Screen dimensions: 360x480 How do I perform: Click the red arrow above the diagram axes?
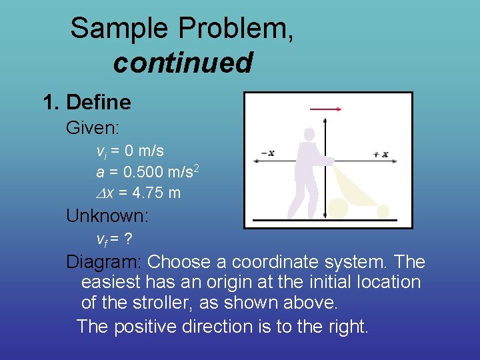(326, 109)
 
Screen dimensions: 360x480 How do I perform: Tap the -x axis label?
(267, 153)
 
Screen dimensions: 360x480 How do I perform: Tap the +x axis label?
(381, 154)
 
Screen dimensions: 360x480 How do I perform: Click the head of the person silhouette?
(307, 134)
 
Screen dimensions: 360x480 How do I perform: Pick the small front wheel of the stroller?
(383, 211)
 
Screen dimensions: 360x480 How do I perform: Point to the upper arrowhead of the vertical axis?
(325, 121)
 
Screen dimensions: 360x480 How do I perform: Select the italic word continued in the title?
(183, 63)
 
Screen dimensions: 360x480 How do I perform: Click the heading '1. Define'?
(87, 102)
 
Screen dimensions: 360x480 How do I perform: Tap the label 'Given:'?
(92, 127)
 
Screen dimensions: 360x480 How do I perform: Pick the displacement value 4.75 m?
(157, 193)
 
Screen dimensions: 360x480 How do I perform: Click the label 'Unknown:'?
(107, 215)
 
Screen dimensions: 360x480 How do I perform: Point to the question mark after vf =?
(128, 239)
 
